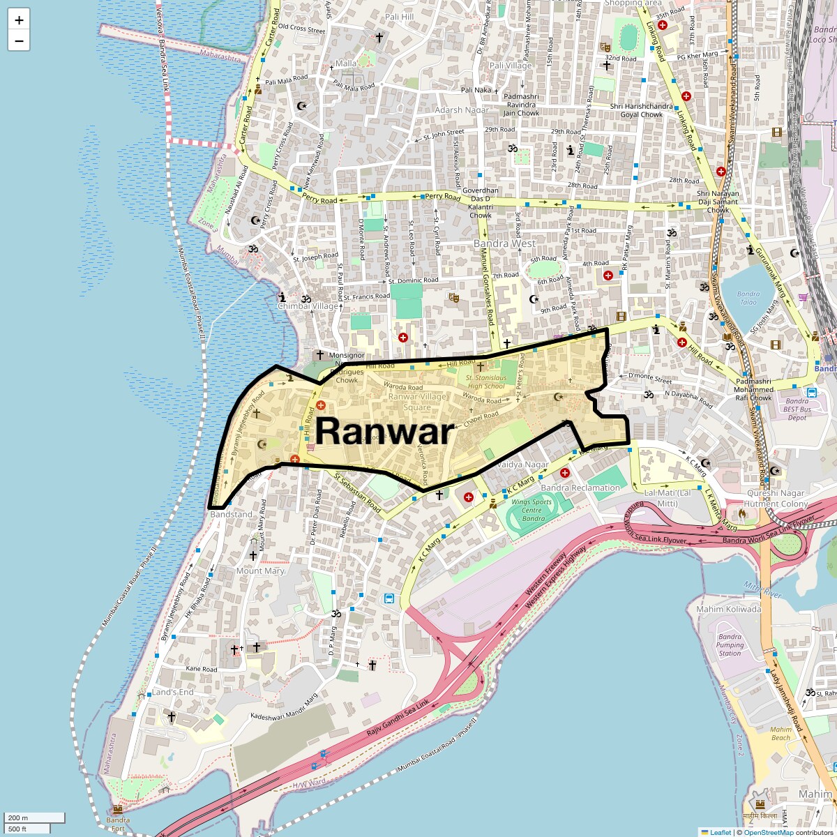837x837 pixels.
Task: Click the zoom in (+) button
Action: pyautogui.click(x=19, y=20)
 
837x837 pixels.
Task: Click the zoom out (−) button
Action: pyautogui.click(x=19, y=41)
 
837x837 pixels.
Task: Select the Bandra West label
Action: pyautogui.click(x=504, y=243)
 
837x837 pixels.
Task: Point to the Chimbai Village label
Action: pyautogui.click(x=308, y=306)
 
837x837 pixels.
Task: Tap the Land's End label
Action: pyautogui.click(x=172, y=692)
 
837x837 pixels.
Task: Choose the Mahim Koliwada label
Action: pyautogui.click(x=728, y=609)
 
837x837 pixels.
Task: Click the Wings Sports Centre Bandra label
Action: pyautogui.click(x=531, y=510)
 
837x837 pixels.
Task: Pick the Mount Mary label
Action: pyautogui.click(x=260, y=571)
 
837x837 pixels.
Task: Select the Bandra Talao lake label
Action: pyautogui.click(x=748, y=298)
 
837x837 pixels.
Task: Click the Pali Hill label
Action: pyautogui.click(x=399, y=17)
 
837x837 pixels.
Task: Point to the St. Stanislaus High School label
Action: pyautogui.click(x=485, y=382)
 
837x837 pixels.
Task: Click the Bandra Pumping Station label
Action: pyautogui.click(x=730, y=644)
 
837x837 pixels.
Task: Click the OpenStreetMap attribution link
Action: pyautogui.click(x=768, y=832)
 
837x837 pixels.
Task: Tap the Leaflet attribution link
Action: pyautogui.click(x=721, y=832)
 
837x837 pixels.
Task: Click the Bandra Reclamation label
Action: pyautogui.click(x=580, y=488)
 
